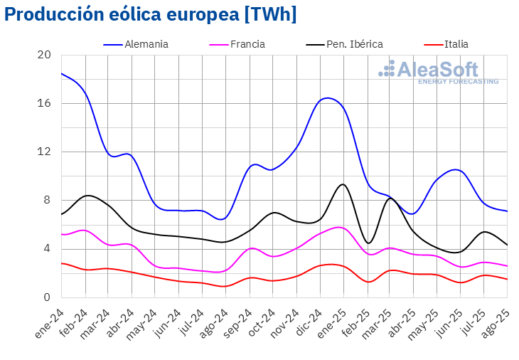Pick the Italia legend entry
pos(456,44)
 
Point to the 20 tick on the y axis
pos(44,55)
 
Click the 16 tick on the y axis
pos(44,104)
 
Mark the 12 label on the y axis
pos(44,152)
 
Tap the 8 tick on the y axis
pos(47,201)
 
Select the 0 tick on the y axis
pos(47,297)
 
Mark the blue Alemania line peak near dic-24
pos(327,98)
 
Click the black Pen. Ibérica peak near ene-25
pos(343,184)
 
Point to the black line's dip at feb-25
pos(368,243)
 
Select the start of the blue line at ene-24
pos(62,73)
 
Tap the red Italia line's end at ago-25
pos(507,279)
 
